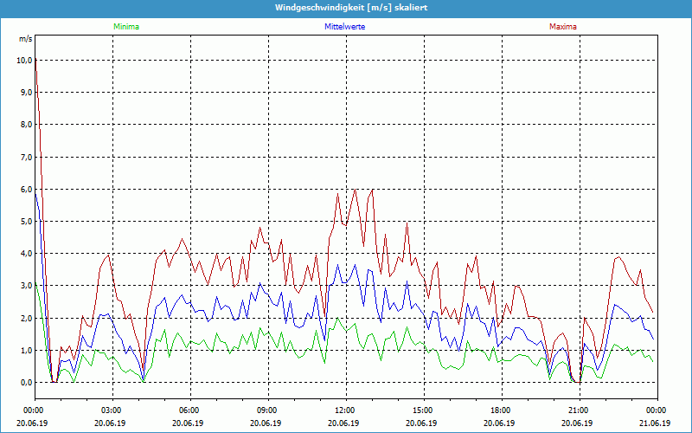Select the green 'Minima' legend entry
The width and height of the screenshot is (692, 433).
[125, 27]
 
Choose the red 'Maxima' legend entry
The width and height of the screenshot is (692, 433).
[562, 27]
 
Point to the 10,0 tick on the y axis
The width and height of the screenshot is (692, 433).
[23, 60]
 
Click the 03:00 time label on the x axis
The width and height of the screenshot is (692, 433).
[111, 410]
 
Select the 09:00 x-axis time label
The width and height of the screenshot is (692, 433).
[266, 410]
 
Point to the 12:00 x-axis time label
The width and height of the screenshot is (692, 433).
[344, 410]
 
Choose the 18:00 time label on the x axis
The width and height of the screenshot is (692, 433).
[500, 410]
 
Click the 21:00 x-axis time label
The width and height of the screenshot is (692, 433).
[578, 410]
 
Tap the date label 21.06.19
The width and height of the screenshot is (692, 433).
[656, 423]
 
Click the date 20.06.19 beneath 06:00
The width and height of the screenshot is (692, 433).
[189, 423]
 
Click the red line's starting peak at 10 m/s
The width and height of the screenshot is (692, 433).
[35, 59]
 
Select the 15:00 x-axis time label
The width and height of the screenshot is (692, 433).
[422, 410]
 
